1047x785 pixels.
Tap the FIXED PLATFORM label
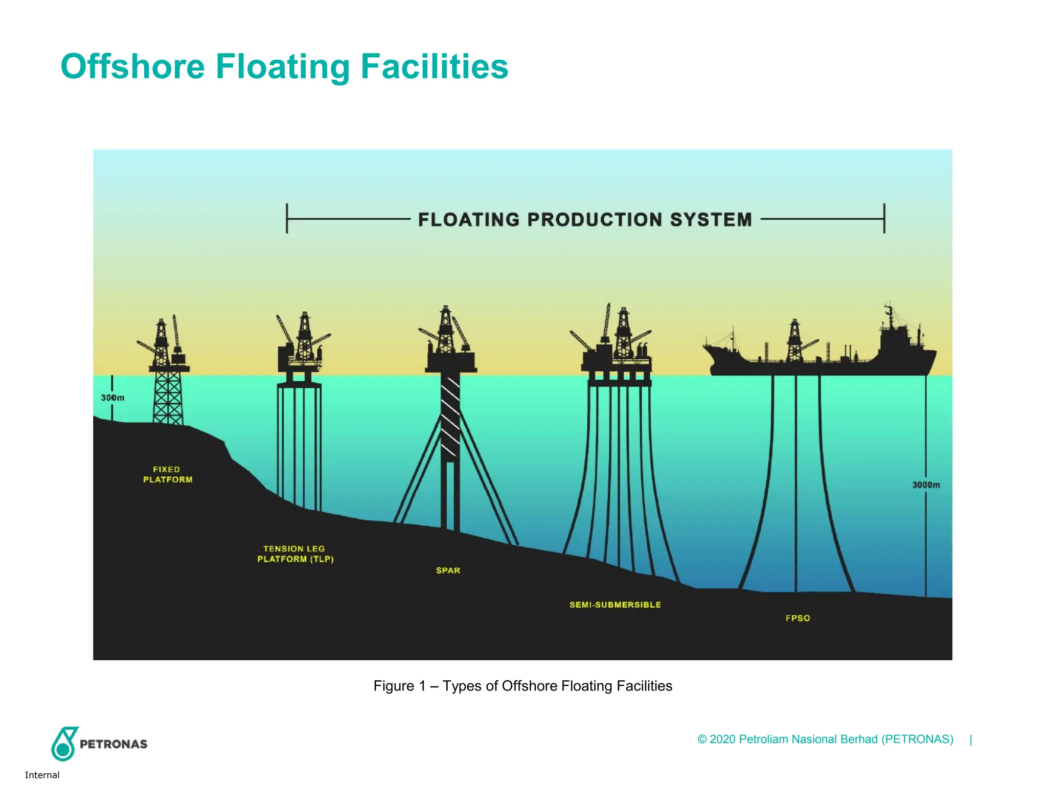click(168, 474)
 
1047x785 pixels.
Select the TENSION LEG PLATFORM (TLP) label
click(295, 554)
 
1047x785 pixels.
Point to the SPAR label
click(448, 570)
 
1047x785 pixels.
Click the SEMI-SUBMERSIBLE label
click(615, 605)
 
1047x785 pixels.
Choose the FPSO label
click(798, 618)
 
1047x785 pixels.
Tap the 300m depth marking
click(112, 398)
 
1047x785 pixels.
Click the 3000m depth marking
click(926, 484)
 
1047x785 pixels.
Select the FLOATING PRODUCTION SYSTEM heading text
click(585, 220)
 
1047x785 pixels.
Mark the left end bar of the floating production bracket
click(287, 218)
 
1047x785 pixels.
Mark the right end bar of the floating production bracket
click(884, 218)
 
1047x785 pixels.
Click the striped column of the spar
click(450, 417)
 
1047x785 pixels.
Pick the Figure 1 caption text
click(522, 686)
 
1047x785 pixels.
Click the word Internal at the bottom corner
click(42, 775)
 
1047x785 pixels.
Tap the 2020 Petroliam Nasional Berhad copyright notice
click(825, 739)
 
